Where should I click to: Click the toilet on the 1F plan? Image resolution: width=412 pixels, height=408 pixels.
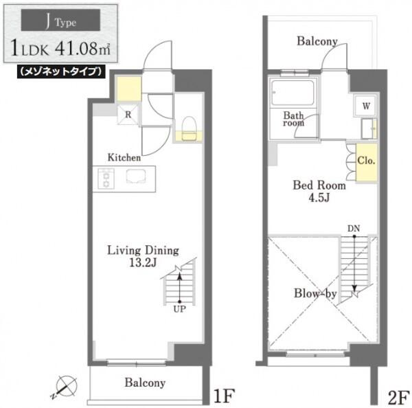point(189,129)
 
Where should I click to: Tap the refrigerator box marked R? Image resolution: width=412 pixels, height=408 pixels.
point(128,115)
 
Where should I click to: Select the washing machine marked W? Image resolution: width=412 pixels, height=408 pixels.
point(365,106)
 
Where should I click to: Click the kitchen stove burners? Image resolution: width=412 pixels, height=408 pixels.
point(106,179)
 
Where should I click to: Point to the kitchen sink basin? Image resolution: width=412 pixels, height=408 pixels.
point(136,176)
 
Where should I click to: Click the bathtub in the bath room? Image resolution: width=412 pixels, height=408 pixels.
point(293,93)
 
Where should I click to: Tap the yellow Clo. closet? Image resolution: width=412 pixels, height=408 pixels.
point(367,162)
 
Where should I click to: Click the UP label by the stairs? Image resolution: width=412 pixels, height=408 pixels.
point(179,309)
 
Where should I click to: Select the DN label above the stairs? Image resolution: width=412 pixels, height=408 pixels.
point(354,229)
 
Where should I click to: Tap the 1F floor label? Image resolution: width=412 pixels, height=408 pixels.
point(224,396)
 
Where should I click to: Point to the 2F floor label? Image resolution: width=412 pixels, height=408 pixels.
point(398,397)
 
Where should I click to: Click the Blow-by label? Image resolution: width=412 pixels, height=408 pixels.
point(315,294)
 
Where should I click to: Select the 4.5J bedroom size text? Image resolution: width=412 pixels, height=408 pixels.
point(319,198)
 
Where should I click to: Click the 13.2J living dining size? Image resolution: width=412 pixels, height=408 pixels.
point(143,262)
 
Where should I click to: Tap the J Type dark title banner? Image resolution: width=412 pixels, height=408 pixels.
point(60,20)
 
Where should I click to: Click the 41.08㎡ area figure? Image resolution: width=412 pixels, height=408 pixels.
point(82,49)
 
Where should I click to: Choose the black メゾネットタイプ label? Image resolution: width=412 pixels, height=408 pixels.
point(61,71)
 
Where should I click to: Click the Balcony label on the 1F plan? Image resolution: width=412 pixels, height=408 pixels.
point(145,383)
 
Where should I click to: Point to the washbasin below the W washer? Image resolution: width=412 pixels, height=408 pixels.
point(369,128)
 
